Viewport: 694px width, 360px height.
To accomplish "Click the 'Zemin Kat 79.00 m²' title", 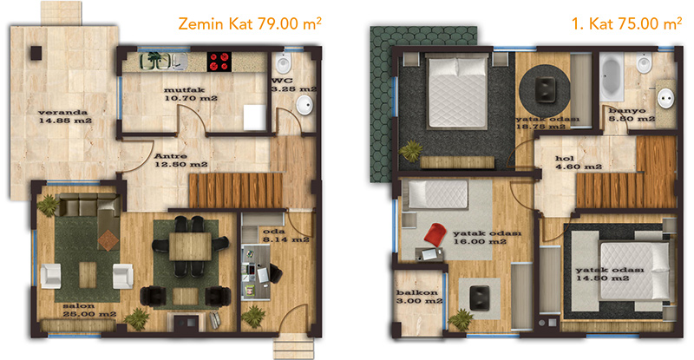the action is (250, 23).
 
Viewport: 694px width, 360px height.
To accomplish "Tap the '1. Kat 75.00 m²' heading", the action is (626, 23).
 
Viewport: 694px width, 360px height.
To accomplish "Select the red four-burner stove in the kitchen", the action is (219, 62).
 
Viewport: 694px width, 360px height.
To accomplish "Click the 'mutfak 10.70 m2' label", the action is (191, 94).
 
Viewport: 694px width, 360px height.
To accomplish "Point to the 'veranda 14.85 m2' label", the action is (65, 116).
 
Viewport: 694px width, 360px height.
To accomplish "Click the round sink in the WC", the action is (304, 106).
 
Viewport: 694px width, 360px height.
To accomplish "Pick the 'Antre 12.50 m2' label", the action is (180, 160).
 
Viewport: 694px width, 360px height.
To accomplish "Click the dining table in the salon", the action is (190, 246).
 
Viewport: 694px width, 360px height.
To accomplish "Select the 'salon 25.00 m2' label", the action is (89, 310).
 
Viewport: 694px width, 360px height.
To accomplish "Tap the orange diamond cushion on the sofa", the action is (108, 240).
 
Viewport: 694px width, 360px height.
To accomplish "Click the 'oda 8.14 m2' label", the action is (285, 236).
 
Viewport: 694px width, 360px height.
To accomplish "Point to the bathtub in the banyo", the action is (612, 76).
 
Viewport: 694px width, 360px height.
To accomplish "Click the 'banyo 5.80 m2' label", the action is (632, 115).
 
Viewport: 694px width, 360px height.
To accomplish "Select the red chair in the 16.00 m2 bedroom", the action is (435, 234).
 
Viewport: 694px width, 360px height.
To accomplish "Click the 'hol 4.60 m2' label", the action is (579, 162).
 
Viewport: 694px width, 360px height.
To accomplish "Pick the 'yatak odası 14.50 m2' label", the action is (610, 274).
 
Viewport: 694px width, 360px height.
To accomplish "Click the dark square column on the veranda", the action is (36, 53).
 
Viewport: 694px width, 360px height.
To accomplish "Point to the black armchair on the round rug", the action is (545, 89).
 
